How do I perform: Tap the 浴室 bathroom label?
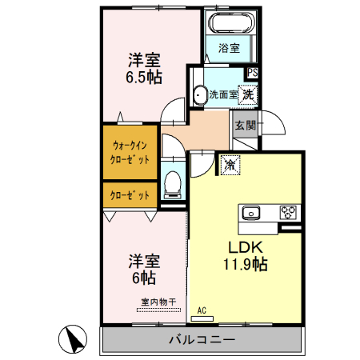[230, 48]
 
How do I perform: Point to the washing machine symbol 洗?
[249, 94]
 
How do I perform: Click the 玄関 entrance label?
[245, 125]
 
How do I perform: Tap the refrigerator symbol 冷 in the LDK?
[229, 165]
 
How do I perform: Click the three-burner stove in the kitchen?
[288, 213]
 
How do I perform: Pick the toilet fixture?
[170, 185]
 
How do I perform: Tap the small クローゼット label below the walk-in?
[130, 194]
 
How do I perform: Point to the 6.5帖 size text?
[144, 78]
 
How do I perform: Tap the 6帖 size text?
[144, 278]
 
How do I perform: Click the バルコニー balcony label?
[201, 340]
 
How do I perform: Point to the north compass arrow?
[74, 339]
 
